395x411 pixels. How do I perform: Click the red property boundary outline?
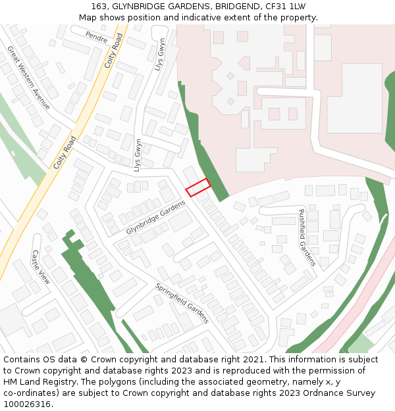coord(197,187)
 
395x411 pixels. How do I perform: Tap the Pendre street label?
coord(96,37)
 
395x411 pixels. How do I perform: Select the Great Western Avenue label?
coord(28,77)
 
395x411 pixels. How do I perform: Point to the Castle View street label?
coord(41,266)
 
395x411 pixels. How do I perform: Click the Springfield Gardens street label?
coord(182,303)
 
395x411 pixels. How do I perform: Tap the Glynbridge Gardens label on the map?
coord(156,218)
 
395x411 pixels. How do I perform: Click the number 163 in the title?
coord(99,6)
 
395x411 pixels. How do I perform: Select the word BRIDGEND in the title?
coord(233,6)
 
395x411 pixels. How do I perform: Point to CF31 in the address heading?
coord(275,6)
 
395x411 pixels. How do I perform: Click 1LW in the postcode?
coord(298,6)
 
